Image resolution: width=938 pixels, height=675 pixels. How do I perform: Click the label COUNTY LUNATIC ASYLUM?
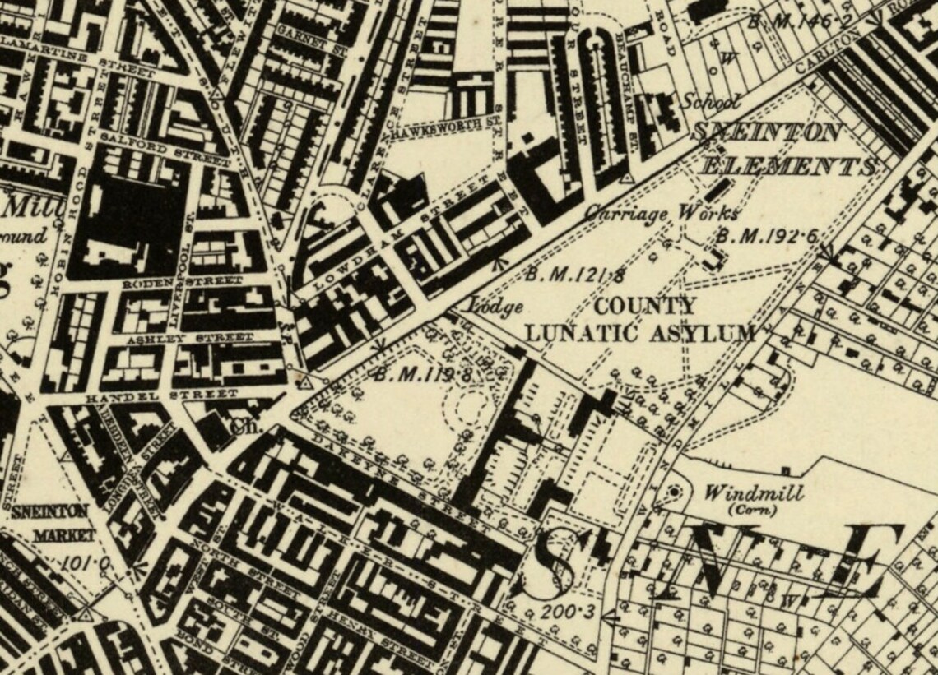click(x=640, y=320)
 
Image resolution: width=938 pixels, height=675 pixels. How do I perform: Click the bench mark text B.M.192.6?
click(x=765, y=236)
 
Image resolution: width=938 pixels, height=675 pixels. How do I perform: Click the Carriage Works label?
click(x=661, y=213)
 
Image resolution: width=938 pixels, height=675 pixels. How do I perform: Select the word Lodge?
click(x=496, y=307)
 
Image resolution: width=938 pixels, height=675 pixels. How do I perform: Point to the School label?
click(x=710, y=102)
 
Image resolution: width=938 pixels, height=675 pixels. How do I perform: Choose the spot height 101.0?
click(x=86, y=564)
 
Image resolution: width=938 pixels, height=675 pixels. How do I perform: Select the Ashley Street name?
click(x=189, y=339)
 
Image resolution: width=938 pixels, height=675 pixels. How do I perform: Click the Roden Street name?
click(x=183, y=282)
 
